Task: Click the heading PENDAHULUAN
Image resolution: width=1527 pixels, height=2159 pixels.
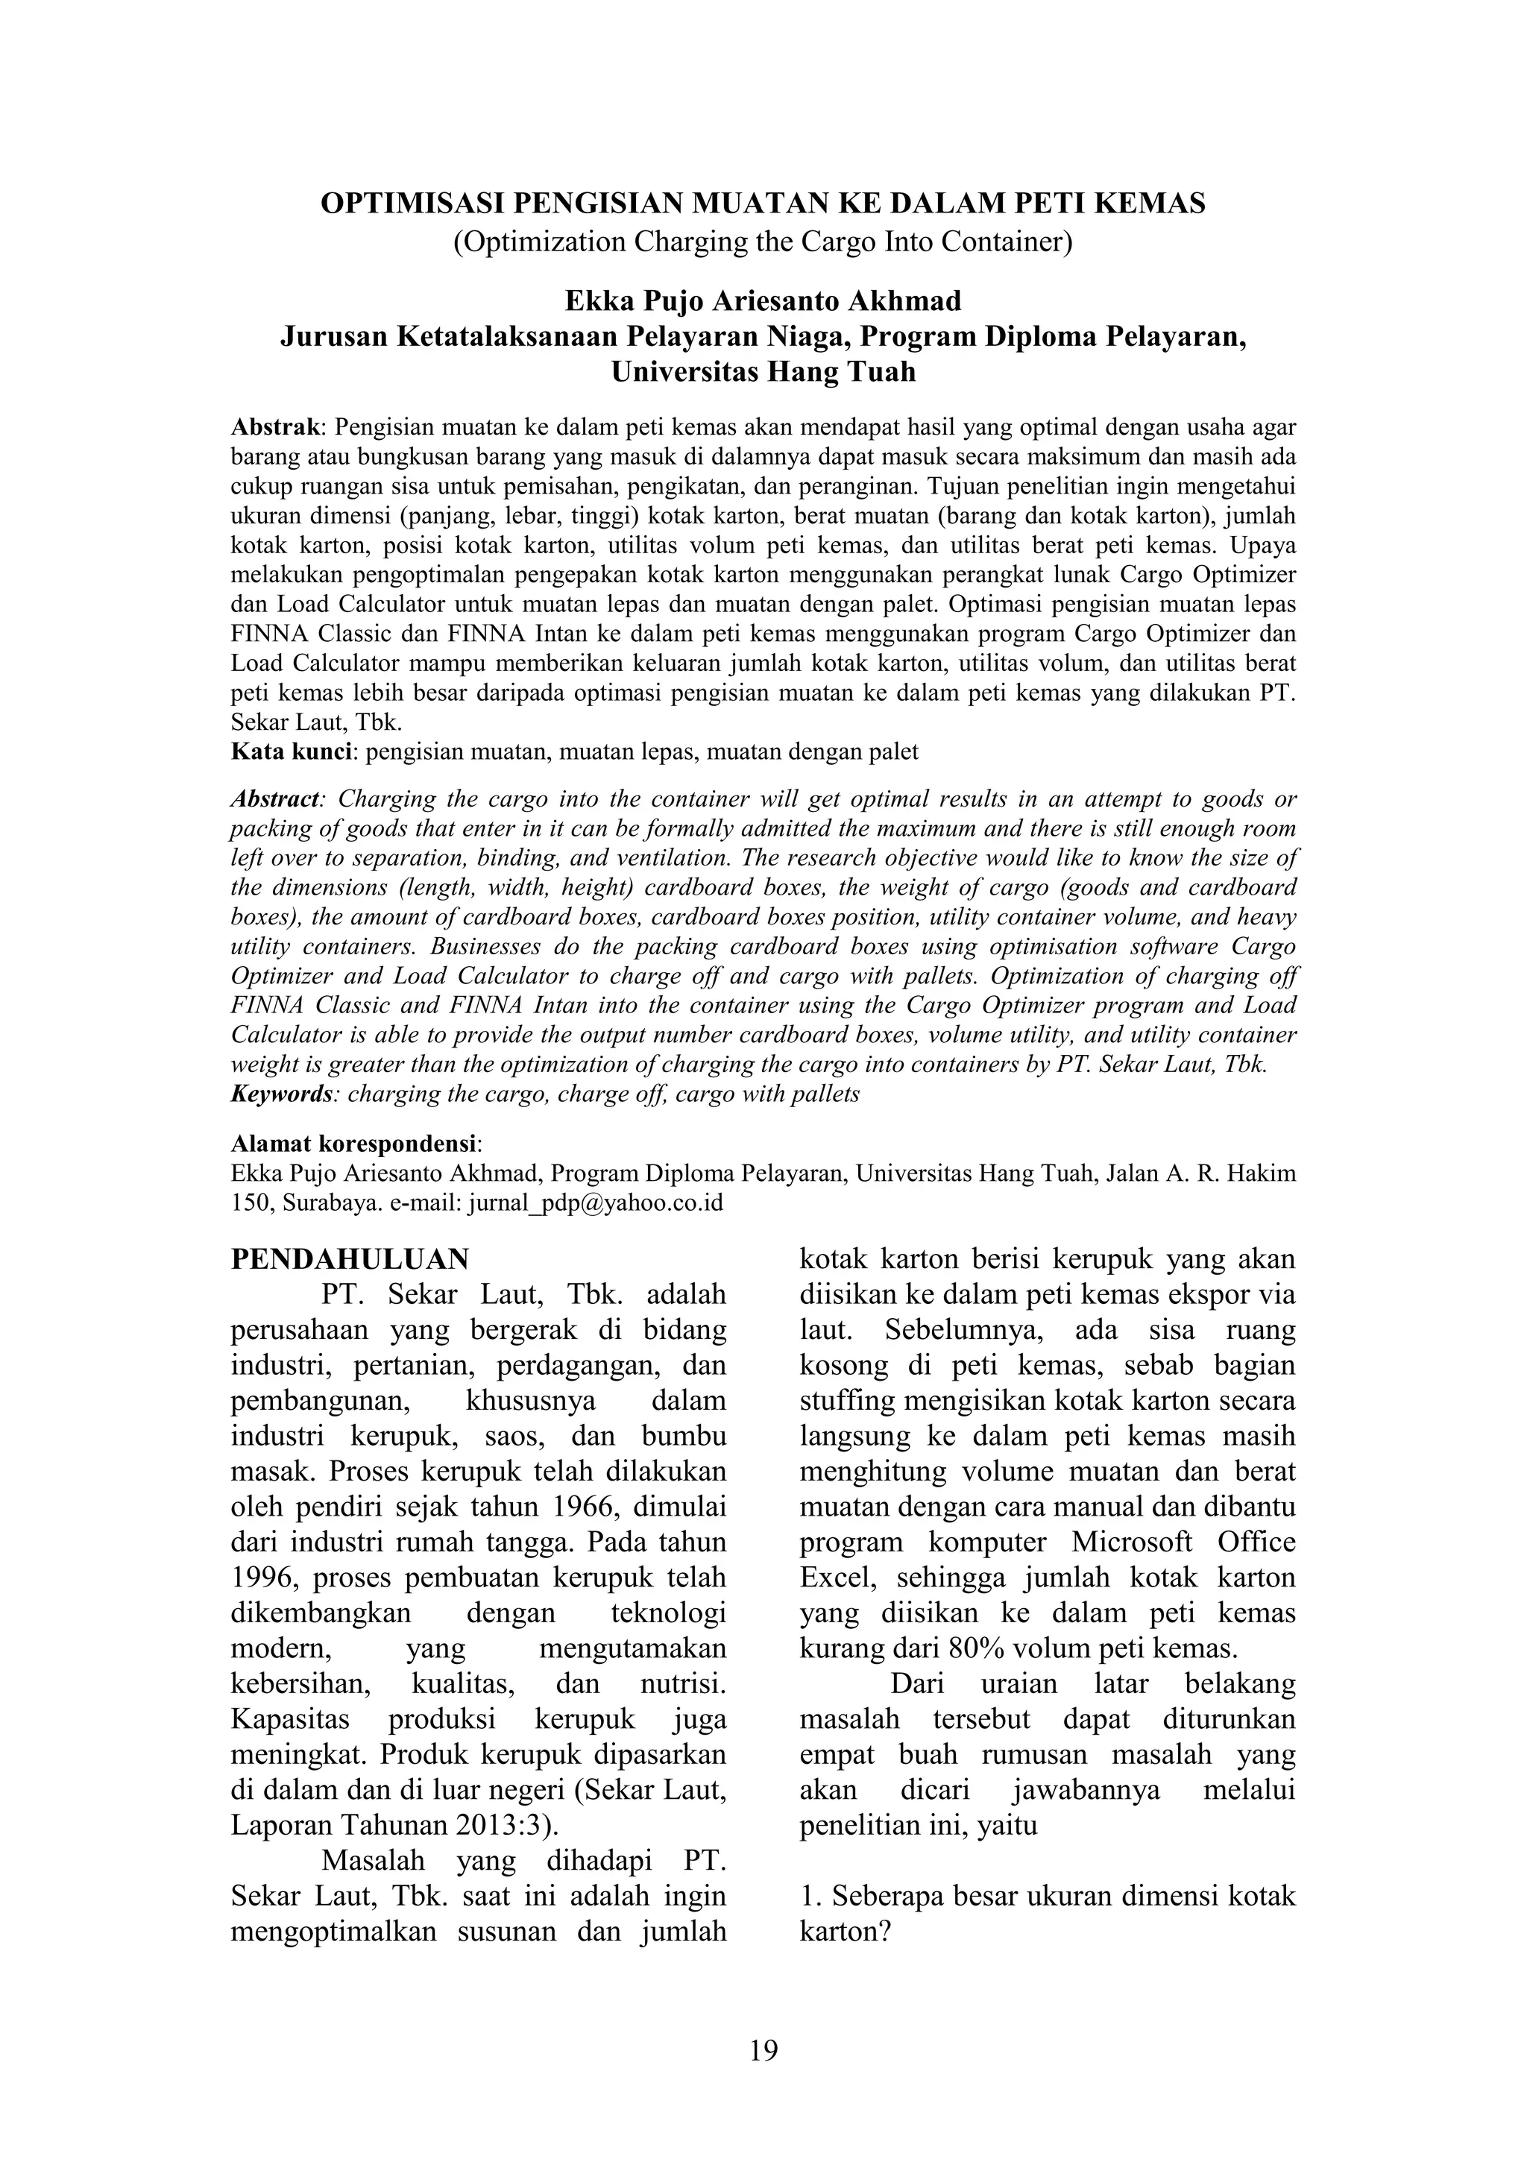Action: [350, 1258]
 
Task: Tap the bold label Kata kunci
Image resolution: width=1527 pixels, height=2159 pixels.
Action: [292, 751]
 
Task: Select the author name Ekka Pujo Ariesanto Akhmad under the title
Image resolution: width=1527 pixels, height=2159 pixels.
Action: [763, 301]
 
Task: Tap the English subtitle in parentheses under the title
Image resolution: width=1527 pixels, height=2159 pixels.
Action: [763, 242]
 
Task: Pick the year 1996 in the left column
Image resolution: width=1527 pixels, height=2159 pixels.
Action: [260, 1577]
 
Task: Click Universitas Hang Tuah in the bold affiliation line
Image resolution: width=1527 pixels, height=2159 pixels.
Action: [763, 372]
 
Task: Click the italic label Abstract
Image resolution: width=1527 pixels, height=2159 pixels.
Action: [275, 799]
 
